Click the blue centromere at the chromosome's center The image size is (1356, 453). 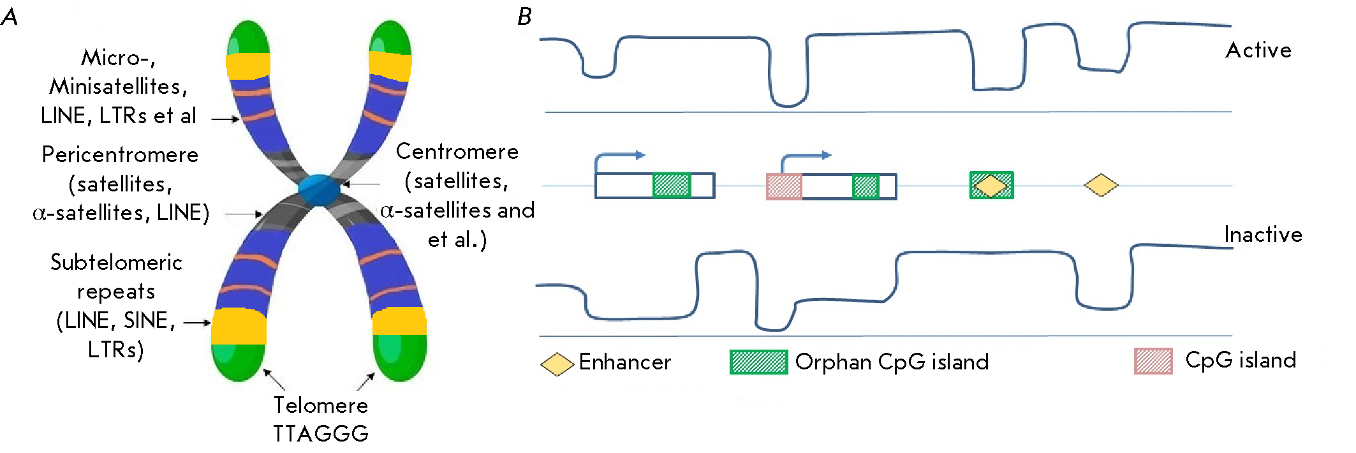(320, 189)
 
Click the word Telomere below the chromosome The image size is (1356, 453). (320, 405)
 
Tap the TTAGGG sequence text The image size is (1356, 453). (320, 434)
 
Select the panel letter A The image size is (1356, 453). (10, 17)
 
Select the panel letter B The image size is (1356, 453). (524, 17)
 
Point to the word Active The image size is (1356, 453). (1258, 50)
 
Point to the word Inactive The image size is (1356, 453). (1262, 235)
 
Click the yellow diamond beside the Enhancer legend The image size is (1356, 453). (557, 364)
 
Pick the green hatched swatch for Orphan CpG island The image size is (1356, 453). (758, 362)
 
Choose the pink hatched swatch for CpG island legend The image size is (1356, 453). (1153, 361)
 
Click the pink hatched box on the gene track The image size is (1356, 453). (784, 186)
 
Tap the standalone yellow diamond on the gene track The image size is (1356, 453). (1101, 186)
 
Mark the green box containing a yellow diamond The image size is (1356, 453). (991, 186)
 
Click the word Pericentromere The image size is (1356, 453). (120, 155)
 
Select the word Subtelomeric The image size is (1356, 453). (116, 262)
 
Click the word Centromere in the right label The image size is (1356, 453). (457, 152)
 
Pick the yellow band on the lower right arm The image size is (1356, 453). (399, 322)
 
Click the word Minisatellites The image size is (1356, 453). (118, 86)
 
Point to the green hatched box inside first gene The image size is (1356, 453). (671, 186)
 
